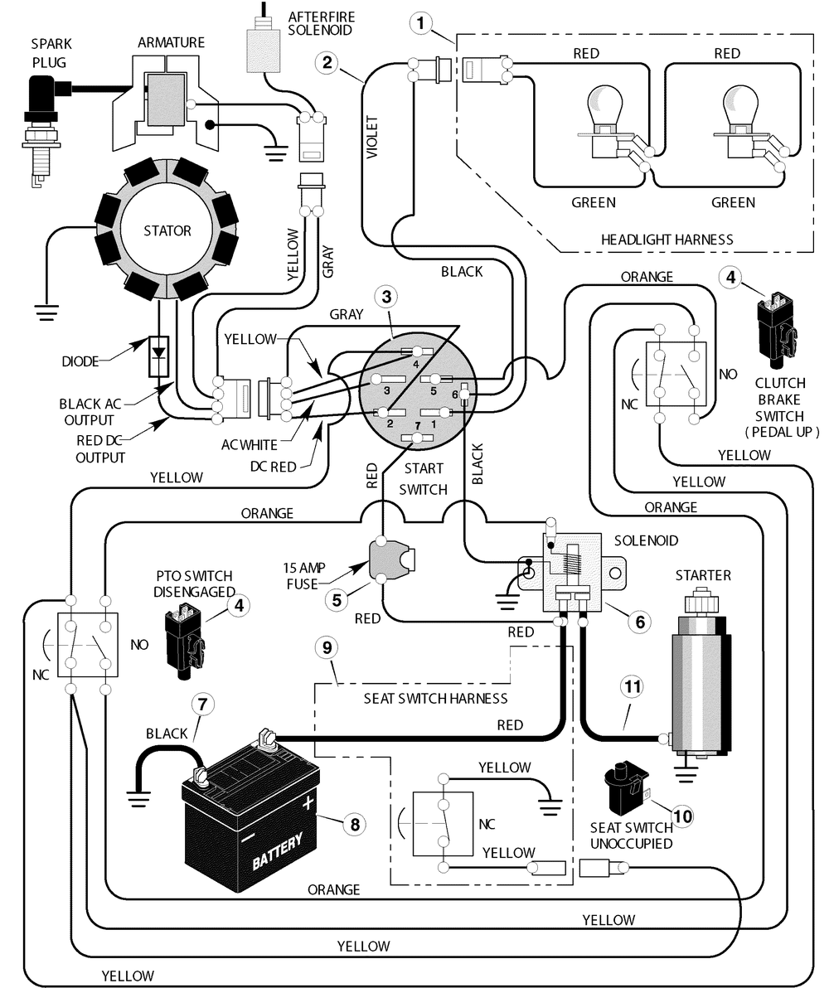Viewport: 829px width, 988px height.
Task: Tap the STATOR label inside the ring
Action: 167,231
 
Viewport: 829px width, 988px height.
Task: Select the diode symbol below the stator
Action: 159,356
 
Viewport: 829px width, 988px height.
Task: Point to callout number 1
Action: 420,24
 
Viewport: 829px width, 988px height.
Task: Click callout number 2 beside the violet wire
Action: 327,62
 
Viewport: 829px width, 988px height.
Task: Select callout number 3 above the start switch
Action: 386,297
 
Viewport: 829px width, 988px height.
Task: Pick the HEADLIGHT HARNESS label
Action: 667,240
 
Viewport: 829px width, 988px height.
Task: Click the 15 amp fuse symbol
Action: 390,558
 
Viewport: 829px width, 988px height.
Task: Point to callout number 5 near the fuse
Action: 337,599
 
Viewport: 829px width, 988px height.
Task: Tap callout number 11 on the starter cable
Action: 633,686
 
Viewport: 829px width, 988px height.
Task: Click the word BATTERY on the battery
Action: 278,850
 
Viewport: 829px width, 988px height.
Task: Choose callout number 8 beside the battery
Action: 355,824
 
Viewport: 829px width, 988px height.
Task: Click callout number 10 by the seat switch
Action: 683,816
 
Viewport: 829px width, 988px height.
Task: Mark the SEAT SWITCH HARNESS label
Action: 435,699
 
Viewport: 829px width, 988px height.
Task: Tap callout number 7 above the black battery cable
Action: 202,704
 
